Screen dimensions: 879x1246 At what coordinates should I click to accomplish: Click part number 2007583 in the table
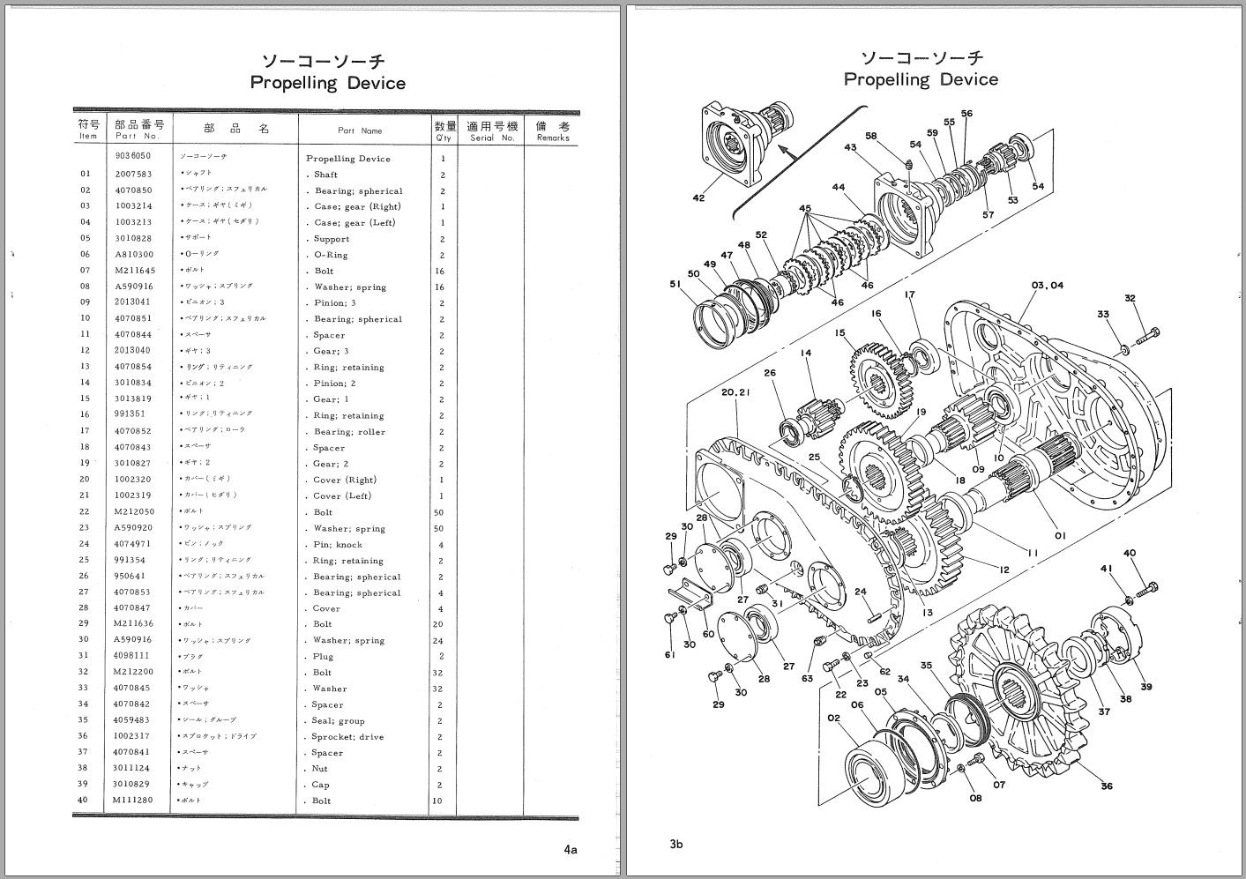[133, 175]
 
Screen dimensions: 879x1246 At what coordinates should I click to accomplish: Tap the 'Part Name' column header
[360, 130]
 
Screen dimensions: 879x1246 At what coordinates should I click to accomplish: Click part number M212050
[133, 511]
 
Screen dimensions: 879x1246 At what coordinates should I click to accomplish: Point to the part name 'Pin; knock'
[338, 545]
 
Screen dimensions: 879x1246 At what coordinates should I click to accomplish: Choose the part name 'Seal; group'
[339, 721]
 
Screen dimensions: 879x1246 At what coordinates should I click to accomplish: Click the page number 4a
[571, 850]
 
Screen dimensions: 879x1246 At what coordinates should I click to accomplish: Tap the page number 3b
[675, 845]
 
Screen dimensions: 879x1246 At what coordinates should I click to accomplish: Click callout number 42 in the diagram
[698, 198]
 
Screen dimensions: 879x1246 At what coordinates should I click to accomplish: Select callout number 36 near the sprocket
[1107, 786]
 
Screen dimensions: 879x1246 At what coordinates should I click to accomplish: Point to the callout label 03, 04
[1047, 286]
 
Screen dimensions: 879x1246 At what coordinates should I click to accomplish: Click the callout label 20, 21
[735, 392]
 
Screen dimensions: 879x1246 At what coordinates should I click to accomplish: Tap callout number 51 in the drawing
[675, 284]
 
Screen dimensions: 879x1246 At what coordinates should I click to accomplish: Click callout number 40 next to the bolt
[1129, 553]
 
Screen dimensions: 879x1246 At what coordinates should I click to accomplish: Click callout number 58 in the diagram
[871, 136]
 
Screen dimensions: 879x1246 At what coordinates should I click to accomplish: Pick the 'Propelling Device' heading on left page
[328, 83]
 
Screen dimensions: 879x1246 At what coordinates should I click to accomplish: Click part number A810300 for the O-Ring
[133, 255]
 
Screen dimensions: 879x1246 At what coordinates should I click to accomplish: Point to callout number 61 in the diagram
[670, 654]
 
